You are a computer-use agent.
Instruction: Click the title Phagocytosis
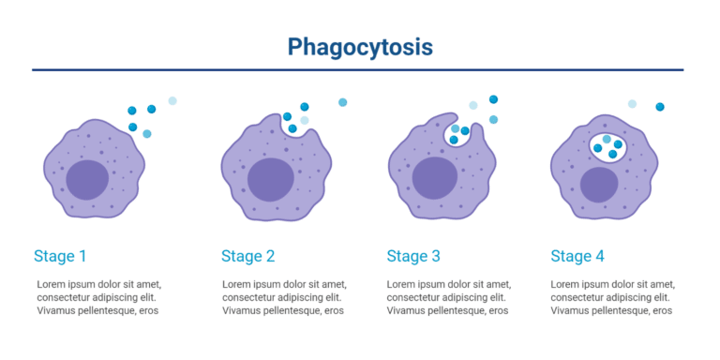[x=360, y=46]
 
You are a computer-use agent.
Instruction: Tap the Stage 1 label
[x=60, y=255]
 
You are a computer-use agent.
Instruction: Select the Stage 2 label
[x=247, y=255]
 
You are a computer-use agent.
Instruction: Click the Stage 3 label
[x=413, y=255]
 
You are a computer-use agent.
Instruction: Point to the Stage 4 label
[x=577, y=255]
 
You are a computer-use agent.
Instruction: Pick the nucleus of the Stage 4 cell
[x=598, y=185]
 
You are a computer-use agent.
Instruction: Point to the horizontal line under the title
[x=360, y=69]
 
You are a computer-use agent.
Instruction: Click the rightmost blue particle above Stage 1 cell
[x=172, y=101]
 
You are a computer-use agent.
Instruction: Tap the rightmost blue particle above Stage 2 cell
[x=342, y=102]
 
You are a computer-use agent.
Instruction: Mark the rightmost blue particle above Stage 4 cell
[x=660, y=107]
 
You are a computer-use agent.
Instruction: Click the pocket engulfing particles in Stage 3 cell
[x=457, y=134]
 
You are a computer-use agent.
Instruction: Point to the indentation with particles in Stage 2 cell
[x=297, y=124]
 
